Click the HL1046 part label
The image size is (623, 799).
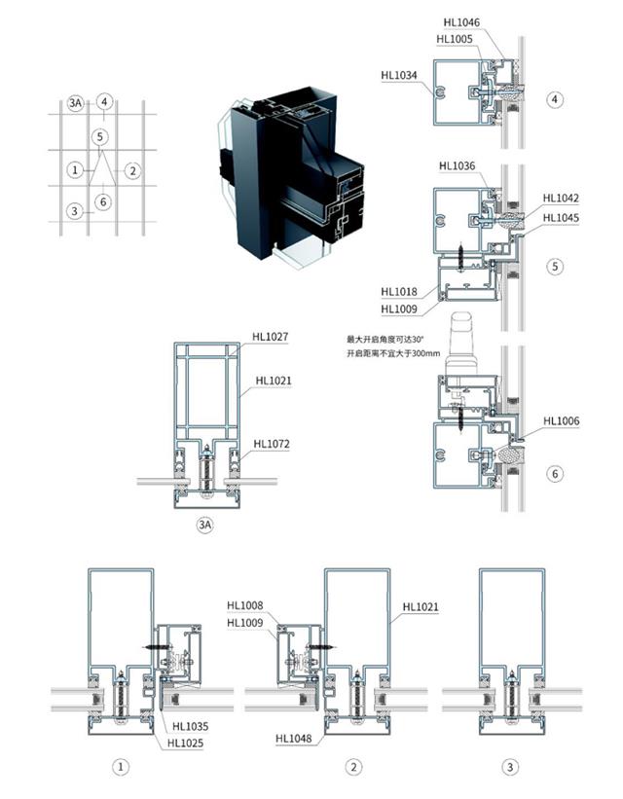click(461, 22)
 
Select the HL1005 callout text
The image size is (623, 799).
click(455, 39)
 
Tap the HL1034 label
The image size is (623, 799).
click(399, 75)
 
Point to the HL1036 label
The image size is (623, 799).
click(457, 166)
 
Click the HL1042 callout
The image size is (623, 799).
click(561, 199)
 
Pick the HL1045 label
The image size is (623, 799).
click(561, 218)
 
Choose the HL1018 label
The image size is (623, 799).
click(399, 292)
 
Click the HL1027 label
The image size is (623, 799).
click(271, 337)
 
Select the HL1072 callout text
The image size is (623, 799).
click(272, 444)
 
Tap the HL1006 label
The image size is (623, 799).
click(562, 420)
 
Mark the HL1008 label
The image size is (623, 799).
click(245, 605)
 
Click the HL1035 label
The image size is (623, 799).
click(190, 727)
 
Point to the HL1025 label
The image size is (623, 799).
click(186, 744)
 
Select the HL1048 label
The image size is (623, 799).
click(294, 739)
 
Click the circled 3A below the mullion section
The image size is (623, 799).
click(205, 525)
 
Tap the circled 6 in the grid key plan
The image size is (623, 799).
click(103, 202)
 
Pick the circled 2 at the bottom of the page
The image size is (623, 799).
click(353, 767)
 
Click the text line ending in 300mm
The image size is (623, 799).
click(393, 353)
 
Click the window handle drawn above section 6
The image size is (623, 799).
click(461, 344)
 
